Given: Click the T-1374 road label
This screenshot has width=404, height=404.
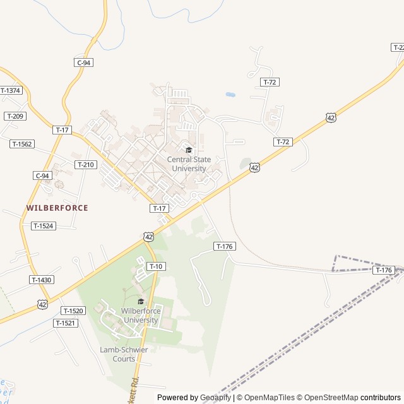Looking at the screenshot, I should [x=11, y=90].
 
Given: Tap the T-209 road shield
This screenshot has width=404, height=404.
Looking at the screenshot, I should [x=15, y=116].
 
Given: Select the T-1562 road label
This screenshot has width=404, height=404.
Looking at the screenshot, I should [x=22, y=144].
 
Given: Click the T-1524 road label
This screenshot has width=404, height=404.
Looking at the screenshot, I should [x=44, y=225].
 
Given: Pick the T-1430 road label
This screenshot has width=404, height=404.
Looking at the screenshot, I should [x=41, y=280].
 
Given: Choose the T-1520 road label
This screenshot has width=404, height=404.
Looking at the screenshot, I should [x=73, y=311].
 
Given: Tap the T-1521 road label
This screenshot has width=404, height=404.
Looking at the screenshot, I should [x=65, y=323].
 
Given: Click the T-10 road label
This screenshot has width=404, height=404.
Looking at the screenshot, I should [x=156, y=266].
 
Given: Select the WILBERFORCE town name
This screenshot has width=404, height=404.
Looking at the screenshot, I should [x=57, y=208].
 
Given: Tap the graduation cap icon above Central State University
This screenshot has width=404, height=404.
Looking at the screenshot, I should [x=189, y=150].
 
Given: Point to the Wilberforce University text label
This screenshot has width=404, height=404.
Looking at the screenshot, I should [x=141, y=316].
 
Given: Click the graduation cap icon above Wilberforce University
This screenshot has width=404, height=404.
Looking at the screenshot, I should [x=141, y=302].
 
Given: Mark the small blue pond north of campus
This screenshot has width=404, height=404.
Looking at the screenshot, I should [x=230, y=95].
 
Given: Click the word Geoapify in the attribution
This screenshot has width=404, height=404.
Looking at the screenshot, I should [x=216, y=398].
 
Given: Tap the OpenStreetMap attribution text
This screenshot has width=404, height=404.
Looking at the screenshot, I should [x=329, y=398].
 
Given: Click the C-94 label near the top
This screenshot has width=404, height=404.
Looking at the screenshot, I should [x=84, y=62].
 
